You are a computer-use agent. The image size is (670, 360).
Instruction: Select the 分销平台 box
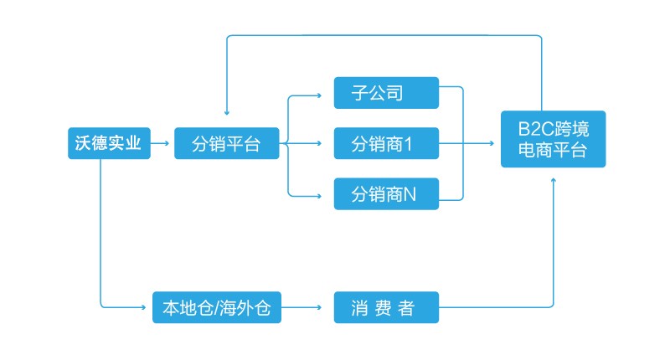225,143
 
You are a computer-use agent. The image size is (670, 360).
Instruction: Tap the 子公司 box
385,92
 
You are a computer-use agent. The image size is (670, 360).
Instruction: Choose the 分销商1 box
385,143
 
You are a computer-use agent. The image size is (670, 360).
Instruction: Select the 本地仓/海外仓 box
216,307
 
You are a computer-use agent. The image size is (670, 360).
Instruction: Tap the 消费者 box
385,307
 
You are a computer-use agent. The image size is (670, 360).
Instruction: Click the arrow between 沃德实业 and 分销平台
162,143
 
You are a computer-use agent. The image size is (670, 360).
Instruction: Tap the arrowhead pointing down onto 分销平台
226,115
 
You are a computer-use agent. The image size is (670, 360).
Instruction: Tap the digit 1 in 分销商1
410,144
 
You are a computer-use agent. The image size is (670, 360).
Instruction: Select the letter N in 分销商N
410,195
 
